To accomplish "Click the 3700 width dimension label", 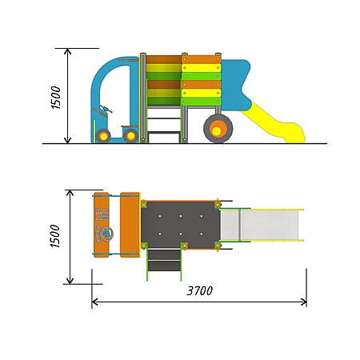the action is (200, 290).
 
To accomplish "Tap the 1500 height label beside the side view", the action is (56, 98).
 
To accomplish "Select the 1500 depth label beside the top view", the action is (55, 236).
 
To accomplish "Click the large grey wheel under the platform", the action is (218, 129).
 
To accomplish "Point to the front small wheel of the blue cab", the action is (103, 136).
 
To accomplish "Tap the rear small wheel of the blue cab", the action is (130, 136).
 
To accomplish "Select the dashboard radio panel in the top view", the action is (102, 214).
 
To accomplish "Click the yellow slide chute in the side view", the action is (274, 123).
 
